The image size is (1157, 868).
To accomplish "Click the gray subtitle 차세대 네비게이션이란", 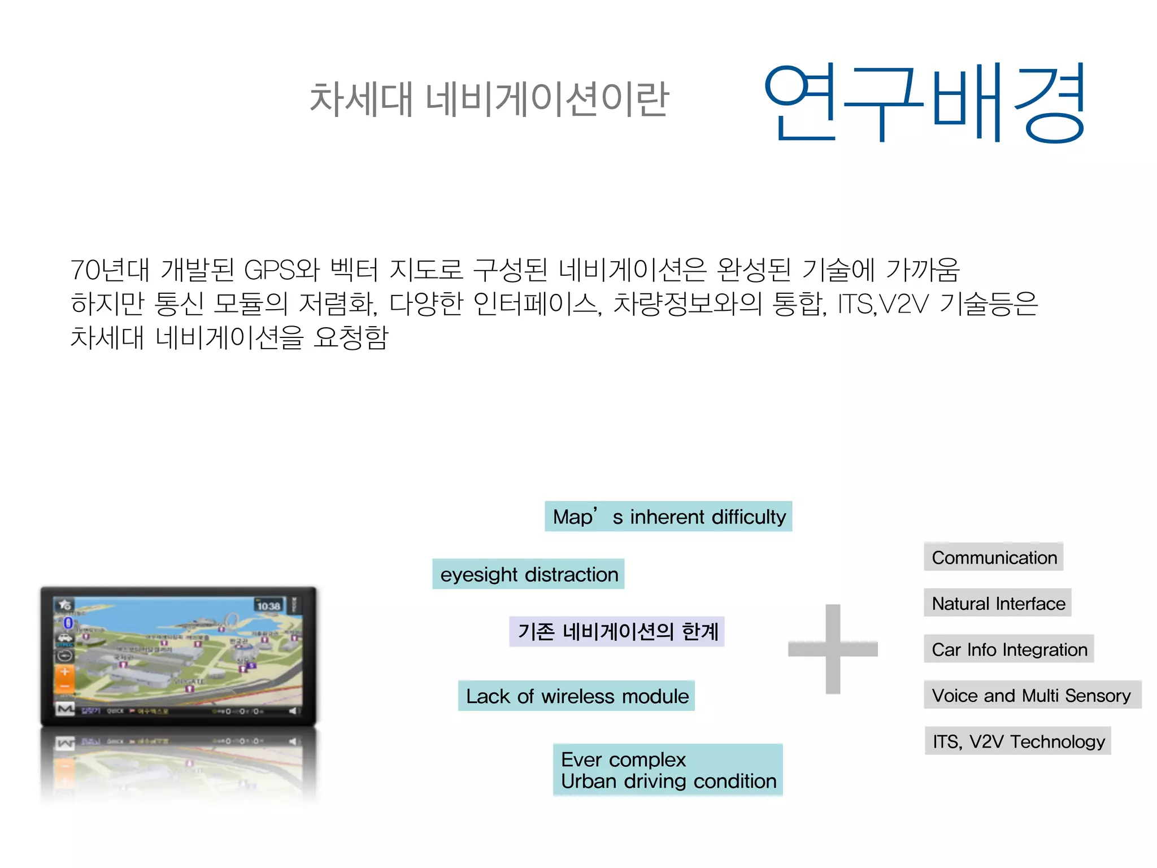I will [489, 99].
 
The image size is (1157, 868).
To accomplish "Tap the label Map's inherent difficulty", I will [668, 517].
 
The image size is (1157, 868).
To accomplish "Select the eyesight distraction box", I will [528, 574].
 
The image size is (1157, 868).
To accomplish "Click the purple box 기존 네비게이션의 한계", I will [617, 631].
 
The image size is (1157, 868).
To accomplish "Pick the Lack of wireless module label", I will [576, 696].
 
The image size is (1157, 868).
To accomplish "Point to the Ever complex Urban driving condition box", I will [668, 770].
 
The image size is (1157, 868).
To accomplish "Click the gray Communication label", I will [994, 557].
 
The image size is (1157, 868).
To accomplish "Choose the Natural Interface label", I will [998, 603].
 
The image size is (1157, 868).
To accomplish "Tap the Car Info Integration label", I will [1009, 649].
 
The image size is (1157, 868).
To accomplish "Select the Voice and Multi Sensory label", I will [1032, 695].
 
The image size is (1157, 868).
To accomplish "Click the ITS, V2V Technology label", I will [1018, 741].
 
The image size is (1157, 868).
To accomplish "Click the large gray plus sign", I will [833, 649].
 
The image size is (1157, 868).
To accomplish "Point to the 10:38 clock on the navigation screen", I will [268, 606].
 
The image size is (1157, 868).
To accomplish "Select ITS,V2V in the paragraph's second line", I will [883, 304].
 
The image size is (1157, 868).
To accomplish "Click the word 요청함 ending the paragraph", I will [351, 338].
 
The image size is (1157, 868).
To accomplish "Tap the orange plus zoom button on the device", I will [65, 672].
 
